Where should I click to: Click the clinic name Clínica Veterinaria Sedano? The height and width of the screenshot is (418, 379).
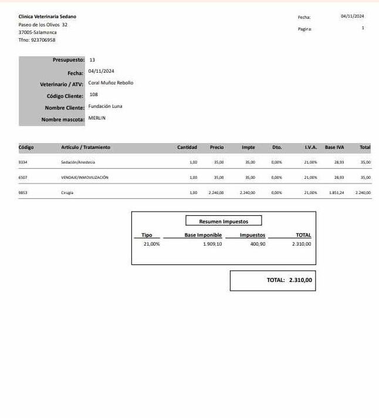pyautogui.click(x=48, y=17)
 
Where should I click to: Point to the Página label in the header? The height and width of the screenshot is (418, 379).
pyautogui.click(x=305, y=28)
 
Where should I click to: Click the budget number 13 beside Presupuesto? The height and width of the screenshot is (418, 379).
pyautogui.click(x=93, y=60)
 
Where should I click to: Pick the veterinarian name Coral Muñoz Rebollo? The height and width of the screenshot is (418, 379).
pyautogui.click(x=111, y=83)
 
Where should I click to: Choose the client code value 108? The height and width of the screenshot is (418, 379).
pyautogui.click(x=94, y=94)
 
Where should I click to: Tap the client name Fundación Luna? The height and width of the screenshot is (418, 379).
pyautogui.click(x=105, y=106)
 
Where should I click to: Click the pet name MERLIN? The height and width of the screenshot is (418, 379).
pyautogui.click(x=97, y=118)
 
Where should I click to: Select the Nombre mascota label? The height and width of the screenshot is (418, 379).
pyautogui.click(x=63, y=120)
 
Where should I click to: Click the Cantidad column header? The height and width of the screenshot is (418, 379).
pyautogui.click(x=187, y=148)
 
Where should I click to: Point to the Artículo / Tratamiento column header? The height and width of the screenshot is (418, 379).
pyautogui.click(x=86, y=148)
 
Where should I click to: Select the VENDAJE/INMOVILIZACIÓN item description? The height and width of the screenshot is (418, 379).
pyautogui.click(x=84, y=176)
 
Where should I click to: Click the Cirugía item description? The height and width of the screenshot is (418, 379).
pyautogui.click(x=67, y=192)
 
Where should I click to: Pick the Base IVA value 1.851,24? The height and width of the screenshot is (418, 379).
pyautogui.click(x=336, y=192)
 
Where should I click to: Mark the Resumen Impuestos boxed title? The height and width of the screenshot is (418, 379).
pyautogui.click(x=224, y=222)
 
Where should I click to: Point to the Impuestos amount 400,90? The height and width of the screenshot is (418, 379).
pyautogui.click(x=258, y=244)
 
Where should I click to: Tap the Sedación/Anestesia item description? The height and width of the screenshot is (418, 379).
pyautogui.click(x=78, y=162)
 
